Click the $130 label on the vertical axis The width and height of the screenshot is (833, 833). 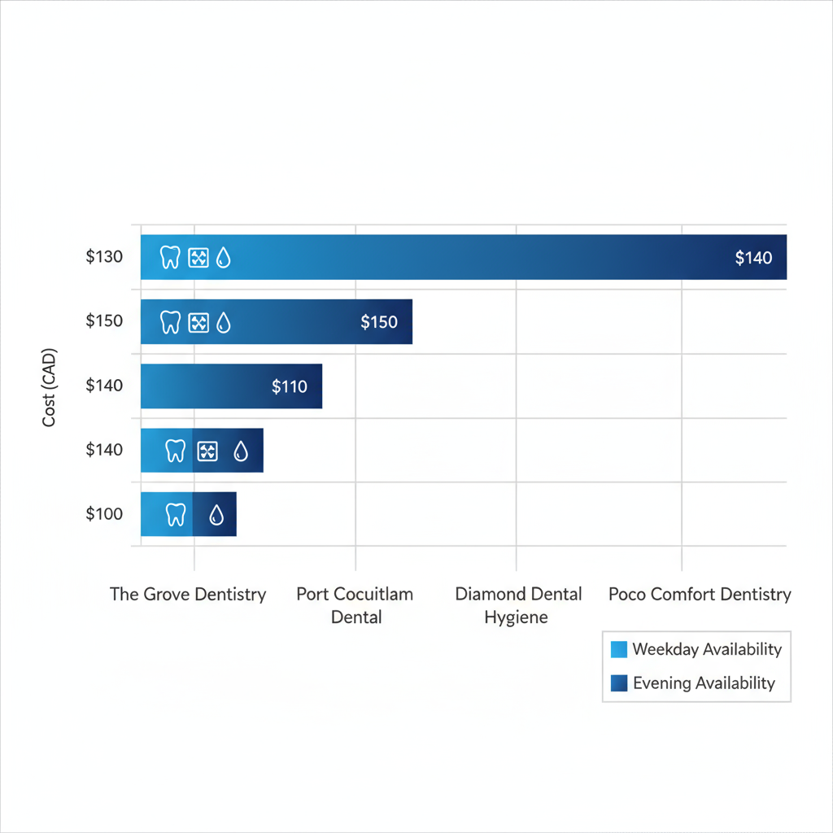coord(104,257)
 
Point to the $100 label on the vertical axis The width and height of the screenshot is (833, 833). coord(104,514)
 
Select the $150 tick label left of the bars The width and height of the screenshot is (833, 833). coord(104,321)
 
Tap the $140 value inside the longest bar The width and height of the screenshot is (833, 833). coord(753,258)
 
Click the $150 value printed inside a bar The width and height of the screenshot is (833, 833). coord(379,322)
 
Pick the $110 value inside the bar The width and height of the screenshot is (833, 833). coord(290,386)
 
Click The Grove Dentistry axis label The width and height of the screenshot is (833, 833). coord(188,594)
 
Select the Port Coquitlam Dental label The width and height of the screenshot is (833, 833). coord(355,605)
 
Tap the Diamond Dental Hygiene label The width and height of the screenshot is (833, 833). coord(518,605)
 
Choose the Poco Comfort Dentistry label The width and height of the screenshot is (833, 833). coord(700,594)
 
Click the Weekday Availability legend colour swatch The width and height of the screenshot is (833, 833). coord(618,649)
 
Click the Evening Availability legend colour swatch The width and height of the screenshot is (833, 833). coord(618,683)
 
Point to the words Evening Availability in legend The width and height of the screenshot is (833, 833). coord(704,683)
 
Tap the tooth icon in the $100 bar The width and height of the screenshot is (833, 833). coord(176,514)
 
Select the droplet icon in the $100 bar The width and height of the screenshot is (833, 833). coord(216,515)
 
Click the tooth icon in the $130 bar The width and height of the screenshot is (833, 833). coord(170,258)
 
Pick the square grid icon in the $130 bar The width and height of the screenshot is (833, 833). coord(198,258)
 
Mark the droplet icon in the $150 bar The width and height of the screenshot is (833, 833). coord(223,322)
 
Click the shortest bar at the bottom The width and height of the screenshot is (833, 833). coord(189,514)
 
